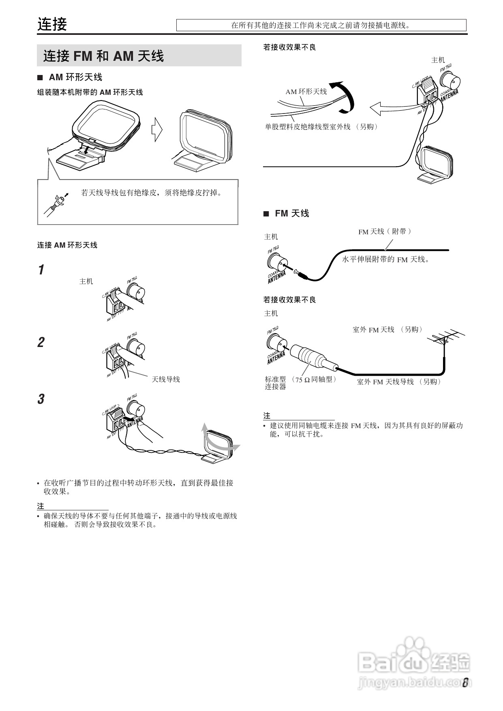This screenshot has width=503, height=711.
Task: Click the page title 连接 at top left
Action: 52,24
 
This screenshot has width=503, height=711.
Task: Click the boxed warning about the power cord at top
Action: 321,26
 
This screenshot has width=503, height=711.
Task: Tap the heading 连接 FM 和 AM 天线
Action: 103,56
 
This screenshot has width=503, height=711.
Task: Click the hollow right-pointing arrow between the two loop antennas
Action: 157,130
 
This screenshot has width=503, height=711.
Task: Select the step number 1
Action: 41,270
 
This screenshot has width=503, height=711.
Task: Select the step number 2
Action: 41,343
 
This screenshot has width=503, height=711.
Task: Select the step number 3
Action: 41,399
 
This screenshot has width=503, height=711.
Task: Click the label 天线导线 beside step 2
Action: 165,379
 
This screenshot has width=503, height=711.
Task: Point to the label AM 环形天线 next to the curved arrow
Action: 306,92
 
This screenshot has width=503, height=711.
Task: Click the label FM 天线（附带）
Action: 385,231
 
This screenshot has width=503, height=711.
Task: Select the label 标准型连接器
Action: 276,383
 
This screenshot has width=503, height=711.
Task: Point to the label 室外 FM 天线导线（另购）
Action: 399,382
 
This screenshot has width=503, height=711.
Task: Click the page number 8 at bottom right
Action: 466,683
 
